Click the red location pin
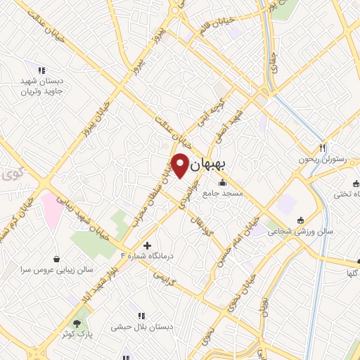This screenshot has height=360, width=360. [x=180, y=165]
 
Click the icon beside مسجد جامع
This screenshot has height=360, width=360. [x=223, y=184]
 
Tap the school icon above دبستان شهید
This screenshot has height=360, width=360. [x=41, y=70]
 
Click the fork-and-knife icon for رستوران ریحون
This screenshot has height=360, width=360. [x=323, y=148]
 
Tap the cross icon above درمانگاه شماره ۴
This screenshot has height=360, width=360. [x=147, y=245]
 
